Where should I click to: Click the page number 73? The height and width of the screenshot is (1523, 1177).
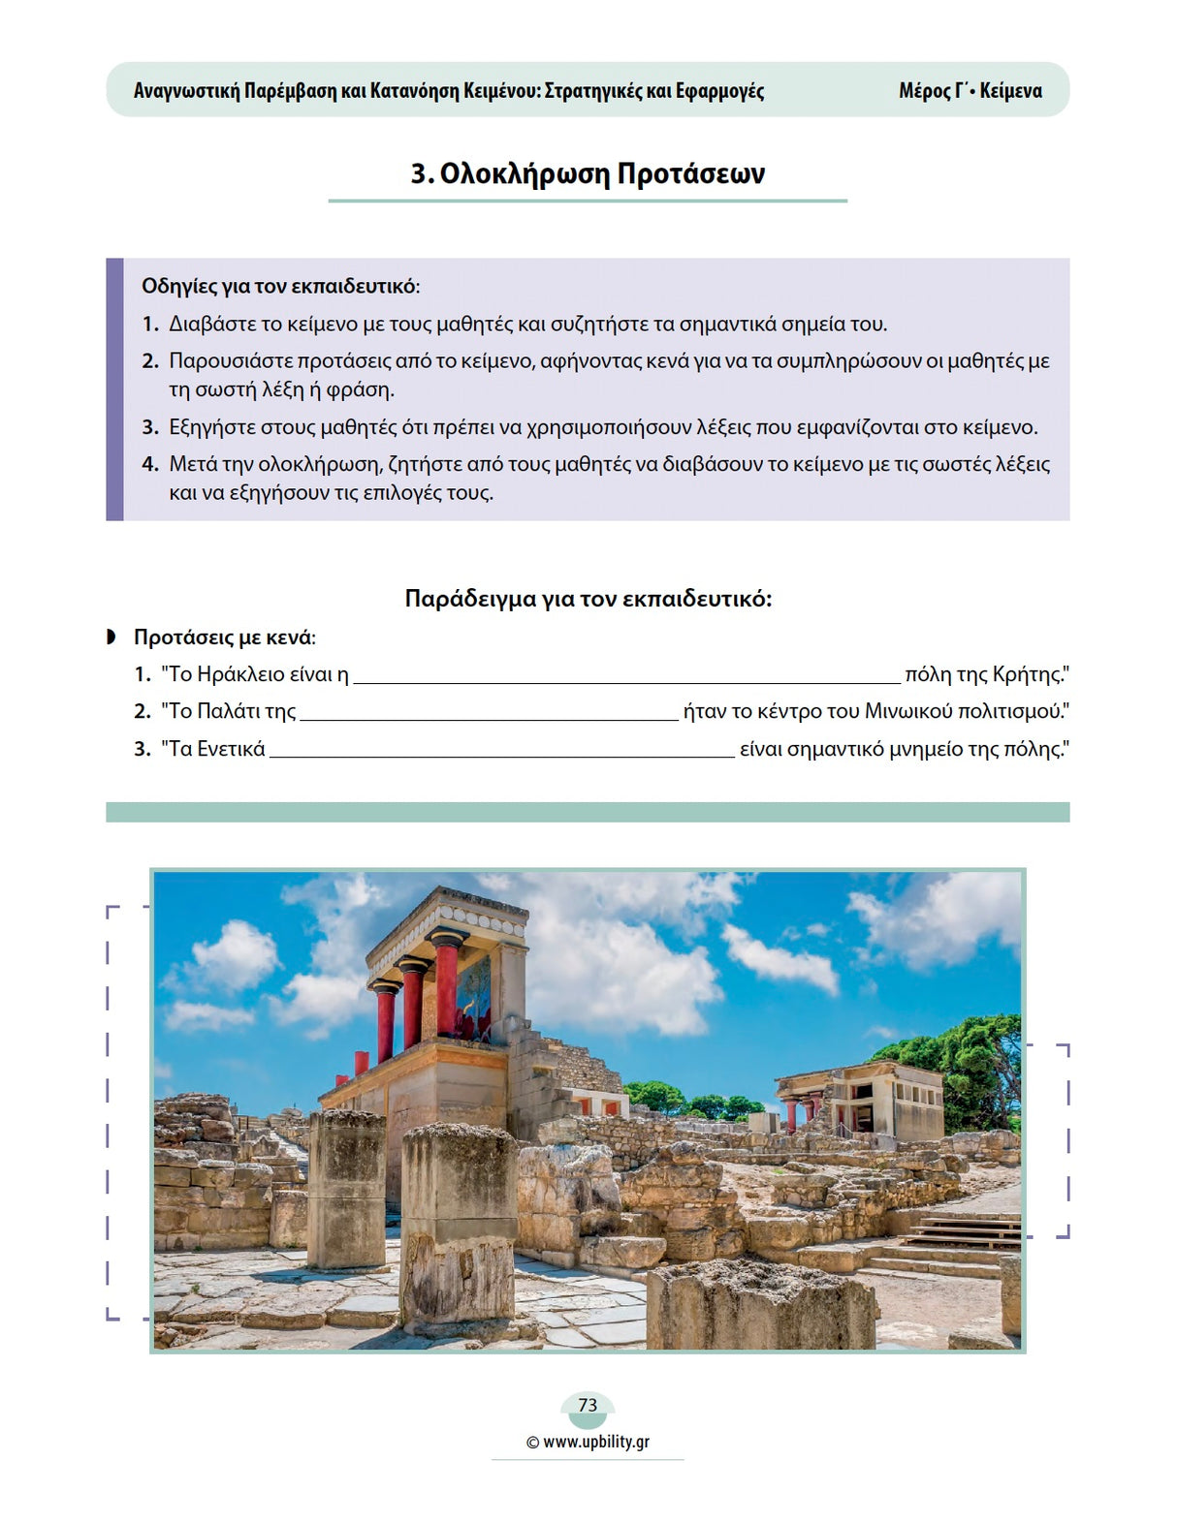point(588,1405)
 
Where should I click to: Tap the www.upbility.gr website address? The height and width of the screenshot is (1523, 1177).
point(595,1442)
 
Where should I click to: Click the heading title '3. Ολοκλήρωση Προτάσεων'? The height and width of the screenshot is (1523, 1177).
point(588,173)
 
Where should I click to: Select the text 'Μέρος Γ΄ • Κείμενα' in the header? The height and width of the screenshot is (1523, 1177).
point(970,91)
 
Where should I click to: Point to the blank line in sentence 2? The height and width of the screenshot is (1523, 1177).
point(489,717)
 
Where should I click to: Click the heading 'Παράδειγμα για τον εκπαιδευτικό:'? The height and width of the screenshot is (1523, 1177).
point(588,599)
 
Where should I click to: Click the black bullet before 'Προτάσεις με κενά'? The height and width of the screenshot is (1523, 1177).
point(111,637)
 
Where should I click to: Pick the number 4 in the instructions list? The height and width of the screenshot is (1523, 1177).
point(150,464)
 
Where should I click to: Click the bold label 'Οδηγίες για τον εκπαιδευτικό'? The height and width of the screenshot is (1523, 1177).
point(279,286)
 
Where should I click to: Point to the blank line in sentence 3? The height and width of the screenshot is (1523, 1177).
point(501,754)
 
